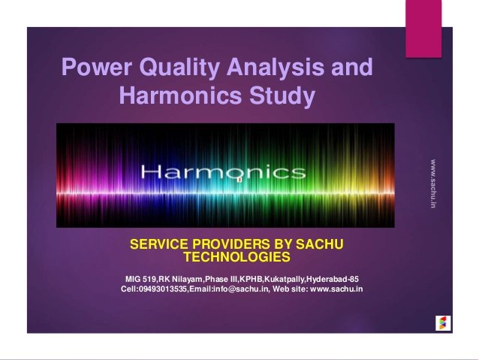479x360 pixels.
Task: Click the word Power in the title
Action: click(x=97, y=66)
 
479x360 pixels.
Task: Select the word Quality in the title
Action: click(x=179, y=68)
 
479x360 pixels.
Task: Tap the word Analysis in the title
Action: click(x=275, y=68)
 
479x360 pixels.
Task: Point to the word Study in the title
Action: click(x=282, y=96)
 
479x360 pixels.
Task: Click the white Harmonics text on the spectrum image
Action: click(x=223, y=172)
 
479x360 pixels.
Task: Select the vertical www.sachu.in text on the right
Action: click(x=433, y=184)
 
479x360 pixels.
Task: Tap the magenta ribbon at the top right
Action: click(x=423, y=29)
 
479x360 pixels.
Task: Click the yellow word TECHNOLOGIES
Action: click(x=236, y=257)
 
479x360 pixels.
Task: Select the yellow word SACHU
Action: click(x=320, y=244)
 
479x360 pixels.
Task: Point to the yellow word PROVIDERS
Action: click(x=231, y=244)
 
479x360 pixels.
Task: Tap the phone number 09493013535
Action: click(x=162, y=289)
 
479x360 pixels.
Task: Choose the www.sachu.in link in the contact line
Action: click(x=336, y=289)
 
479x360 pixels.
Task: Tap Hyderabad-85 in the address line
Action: click(x=333, y=280)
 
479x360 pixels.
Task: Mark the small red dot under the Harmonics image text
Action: click(x=239, y=180)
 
